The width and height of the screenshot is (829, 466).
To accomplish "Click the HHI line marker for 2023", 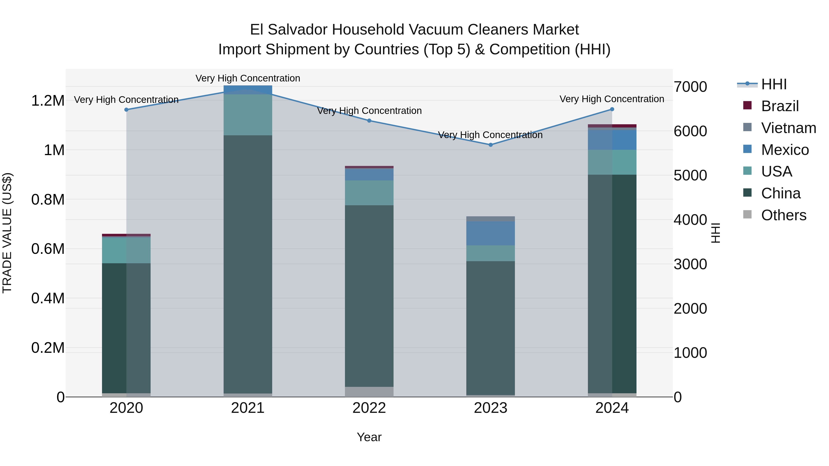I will (x=490, y=145).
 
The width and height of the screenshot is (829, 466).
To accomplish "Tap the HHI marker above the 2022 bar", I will (x=369, y=121).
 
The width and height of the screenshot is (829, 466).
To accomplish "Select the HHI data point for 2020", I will (x=126, y=110).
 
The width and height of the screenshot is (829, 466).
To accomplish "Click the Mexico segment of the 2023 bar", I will (x=490, y=233).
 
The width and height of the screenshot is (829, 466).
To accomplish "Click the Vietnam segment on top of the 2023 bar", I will (x=490, y=219).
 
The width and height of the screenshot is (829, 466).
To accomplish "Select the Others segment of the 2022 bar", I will (x=369, y=391).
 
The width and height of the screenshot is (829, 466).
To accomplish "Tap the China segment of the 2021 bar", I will (x=248, y=264).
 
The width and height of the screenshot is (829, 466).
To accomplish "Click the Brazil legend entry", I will (x=780, y=106).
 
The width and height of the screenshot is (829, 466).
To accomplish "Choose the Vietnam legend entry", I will (x=788, y=128).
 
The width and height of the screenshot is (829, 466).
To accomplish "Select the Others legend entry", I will (x=784, y=215).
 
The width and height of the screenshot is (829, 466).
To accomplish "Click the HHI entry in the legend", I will (x=774, y=84).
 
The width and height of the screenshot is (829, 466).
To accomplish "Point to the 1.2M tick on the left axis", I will (x=48, y=101).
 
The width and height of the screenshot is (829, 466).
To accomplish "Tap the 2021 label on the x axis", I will (x=248, y=408).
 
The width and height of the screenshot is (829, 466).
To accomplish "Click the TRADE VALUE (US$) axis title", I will (x=7, y=233).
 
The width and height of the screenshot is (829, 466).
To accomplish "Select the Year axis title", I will (x=369, y=437).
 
